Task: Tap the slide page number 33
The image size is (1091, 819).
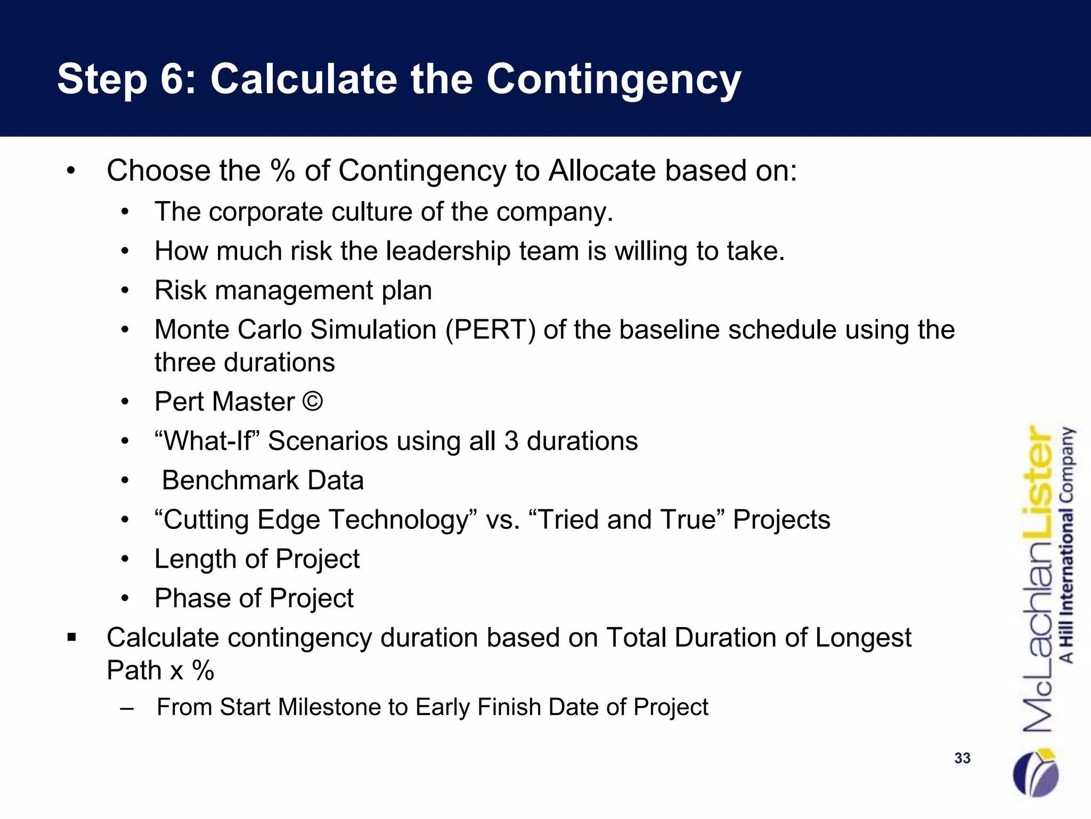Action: coord(962,758)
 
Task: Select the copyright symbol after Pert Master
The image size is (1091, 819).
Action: coord(313,402)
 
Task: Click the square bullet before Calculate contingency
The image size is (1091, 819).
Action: coord(72,637)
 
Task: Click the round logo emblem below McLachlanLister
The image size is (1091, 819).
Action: coord(1036,774)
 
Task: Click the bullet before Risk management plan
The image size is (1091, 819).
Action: coord(125,291)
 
